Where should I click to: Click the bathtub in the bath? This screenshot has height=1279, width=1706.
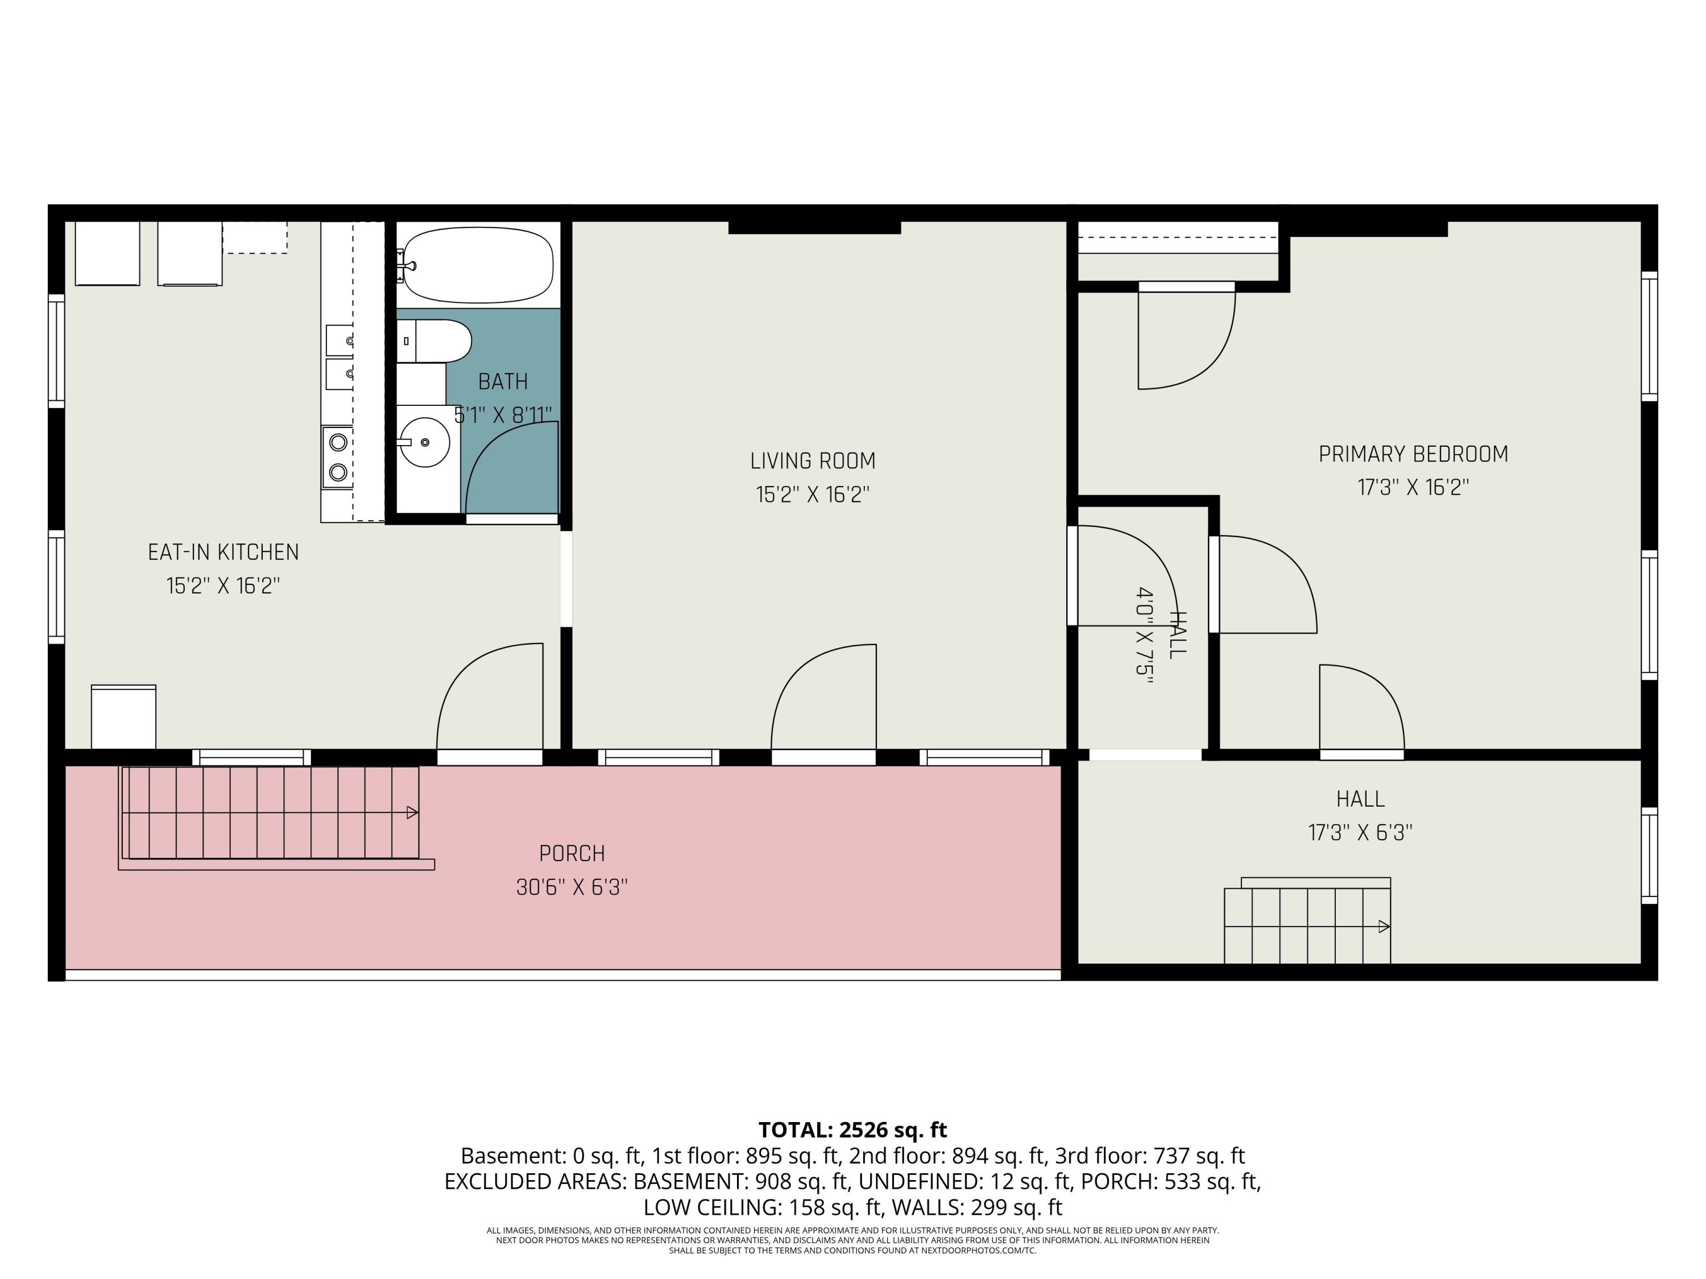(x=478, y=264)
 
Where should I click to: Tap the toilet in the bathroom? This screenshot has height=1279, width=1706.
(x=434, y=340)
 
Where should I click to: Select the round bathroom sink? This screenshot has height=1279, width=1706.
(x=425, y=442)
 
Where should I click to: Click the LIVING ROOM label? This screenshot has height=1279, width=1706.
(x=813, y=461)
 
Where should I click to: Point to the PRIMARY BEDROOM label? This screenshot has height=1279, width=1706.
(x=1413, y=454)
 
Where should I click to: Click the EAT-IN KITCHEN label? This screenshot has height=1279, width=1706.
(x=223, y=552)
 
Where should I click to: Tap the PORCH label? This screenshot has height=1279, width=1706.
(x=572, y=853)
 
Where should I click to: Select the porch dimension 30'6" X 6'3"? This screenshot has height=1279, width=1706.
(x=572, y=887)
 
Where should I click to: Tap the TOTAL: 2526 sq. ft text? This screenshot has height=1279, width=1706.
(x=852, y=1129)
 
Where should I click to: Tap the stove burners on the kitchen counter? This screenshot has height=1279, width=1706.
(x=338, y=456)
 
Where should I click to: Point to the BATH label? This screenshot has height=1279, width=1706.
(x=503, y=381)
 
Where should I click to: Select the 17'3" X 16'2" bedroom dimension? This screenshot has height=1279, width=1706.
(x=1413, y=488)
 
